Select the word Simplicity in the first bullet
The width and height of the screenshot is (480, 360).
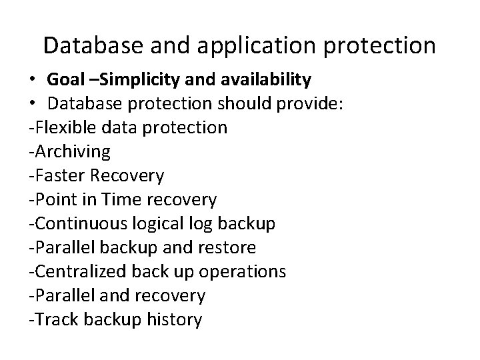135,81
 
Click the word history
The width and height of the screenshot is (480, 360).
177,319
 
